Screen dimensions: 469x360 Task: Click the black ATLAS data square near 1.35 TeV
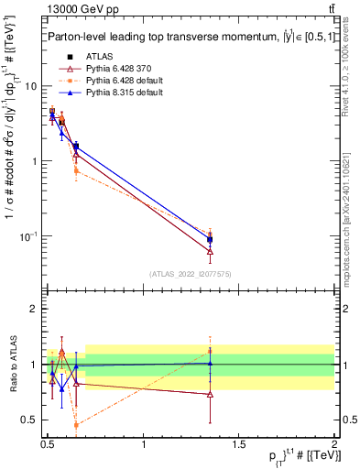click(x=210, y=240)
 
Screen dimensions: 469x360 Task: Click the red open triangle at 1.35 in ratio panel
click(x=210, y=394)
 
